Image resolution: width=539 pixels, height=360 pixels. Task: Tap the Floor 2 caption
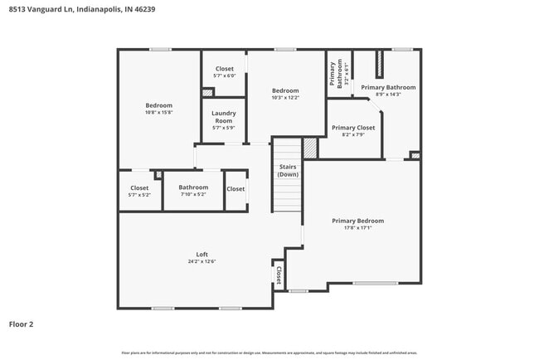(x=22, y=324)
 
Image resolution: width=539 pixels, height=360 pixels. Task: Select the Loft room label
(x=202, y=254)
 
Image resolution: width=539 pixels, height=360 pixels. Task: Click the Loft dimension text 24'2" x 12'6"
(x=202, y=261)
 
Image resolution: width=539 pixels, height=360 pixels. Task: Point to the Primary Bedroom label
(x=357, y=221)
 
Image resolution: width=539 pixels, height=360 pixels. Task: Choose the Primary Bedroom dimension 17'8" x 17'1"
(x=357, y=228)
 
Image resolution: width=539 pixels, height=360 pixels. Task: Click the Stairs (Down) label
(x=288, y=171)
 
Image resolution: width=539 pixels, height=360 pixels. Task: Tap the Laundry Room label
(x=224, y=117)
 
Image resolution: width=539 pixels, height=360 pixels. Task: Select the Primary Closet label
(x=353, y=128)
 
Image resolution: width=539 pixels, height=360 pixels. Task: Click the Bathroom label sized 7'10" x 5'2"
(x=193, y=187)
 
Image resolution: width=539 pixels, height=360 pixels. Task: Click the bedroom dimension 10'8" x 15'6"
(x=158, y=113)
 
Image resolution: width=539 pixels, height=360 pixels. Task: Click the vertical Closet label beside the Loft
(x=279, y=275)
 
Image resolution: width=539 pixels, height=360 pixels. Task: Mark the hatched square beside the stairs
(x=310, y=148)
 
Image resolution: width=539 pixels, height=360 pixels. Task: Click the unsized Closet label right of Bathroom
(x=236, y=188)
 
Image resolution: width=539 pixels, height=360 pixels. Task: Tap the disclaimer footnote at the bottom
(x=269, y=353)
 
